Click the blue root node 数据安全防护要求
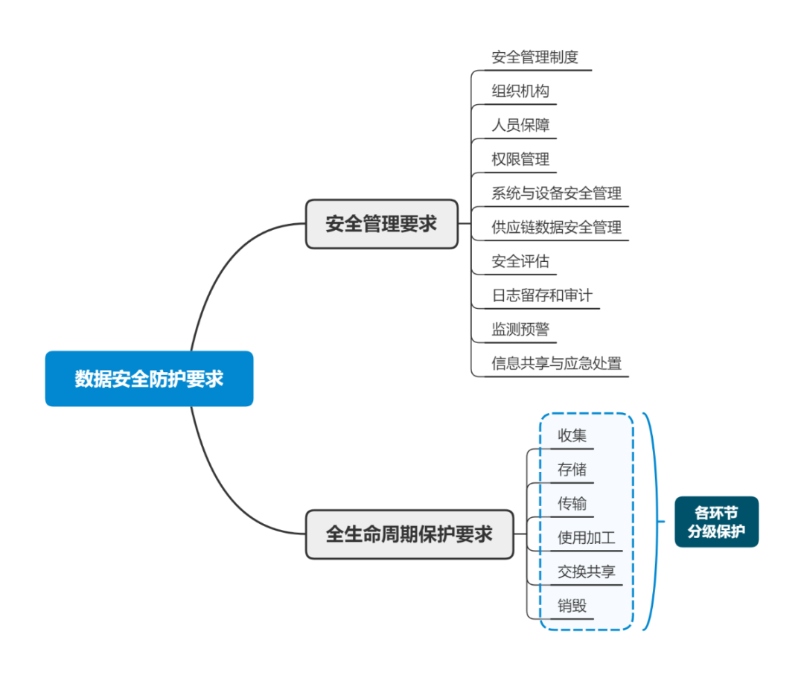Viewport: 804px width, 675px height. coord(149,379)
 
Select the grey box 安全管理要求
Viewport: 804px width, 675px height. coord(381,223)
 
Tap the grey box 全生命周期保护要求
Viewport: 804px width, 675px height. coord(409,534)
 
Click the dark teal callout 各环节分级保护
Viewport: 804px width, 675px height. coord(716,522)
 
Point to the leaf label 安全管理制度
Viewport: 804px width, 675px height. coord(535,57)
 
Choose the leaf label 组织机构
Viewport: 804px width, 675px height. coord(520,92)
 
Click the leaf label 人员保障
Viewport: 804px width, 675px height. coord(520,125)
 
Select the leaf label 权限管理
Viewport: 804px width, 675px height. coord(520,159)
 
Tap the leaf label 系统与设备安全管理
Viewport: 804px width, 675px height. coord(556,193)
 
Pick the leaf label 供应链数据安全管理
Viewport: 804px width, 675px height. coord(556,227)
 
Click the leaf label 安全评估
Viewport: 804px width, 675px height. coord(520,261)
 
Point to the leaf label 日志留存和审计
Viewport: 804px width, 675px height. coord(542,295)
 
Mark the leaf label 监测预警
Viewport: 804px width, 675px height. coord(520,329)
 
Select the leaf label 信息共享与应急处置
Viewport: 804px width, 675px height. coord(556,363)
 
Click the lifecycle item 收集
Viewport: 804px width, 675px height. coord(572,435)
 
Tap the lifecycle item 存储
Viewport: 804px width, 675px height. coord(572,470)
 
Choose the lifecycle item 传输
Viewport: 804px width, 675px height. coord(572,504)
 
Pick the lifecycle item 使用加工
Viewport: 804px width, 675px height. coord(587,537)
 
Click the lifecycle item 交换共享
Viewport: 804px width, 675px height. coord(587,572)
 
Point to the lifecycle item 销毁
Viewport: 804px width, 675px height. coord(572,606)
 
